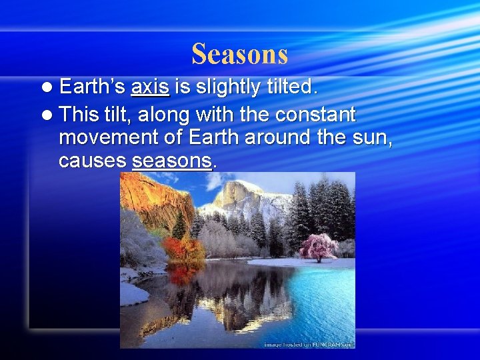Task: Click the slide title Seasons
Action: (239, 54)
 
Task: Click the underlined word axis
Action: (151, 87)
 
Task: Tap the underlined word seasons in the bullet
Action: (172, 161)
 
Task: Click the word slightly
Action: (225, 87)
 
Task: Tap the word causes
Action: (93, 161)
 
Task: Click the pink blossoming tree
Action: (318, 246)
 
